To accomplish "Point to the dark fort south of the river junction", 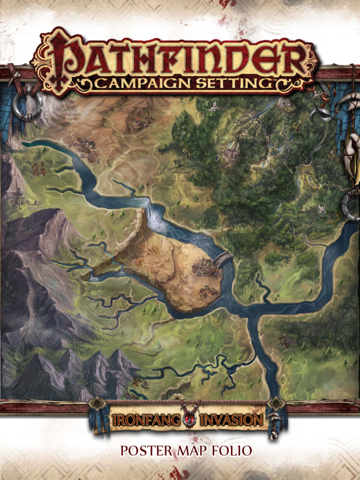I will pyautogui.click(x=285, y=340).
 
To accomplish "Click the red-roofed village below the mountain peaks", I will pyautogui.click(x=139, y=383).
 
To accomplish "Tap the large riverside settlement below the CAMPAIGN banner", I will pyautogui.click(x=85, y=149).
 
